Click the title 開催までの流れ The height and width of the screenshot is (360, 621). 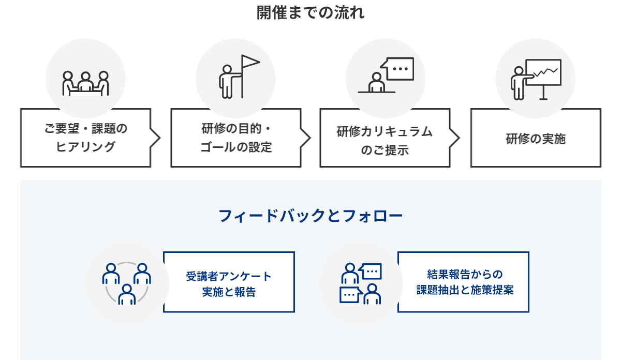310,12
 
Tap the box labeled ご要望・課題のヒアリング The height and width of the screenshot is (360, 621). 85,138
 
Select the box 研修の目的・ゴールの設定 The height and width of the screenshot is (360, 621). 235,138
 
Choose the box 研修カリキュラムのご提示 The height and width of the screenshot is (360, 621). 385,138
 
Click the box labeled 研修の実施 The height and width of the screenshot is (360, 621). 536,138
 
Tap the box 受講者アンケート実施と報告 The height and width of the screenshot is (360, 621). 229,282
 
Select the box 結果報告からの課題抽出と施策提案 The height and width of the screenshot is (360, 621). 464,282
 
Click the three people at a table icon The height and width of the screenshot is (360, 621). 86,83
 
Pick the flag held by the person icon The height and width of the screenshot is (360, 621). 250,63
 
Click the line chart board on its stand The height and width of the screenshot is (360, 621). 543,75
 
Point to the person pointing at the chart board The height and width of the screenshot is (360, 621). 519,83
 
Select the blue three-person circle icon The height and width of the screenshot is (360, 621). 127,284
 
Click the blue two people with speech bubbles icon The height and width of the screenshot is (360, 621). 361,284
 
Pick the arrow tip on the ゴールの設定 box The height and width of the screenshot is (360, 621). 306,138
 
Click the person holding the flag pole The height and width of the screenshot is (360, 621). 227,81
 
